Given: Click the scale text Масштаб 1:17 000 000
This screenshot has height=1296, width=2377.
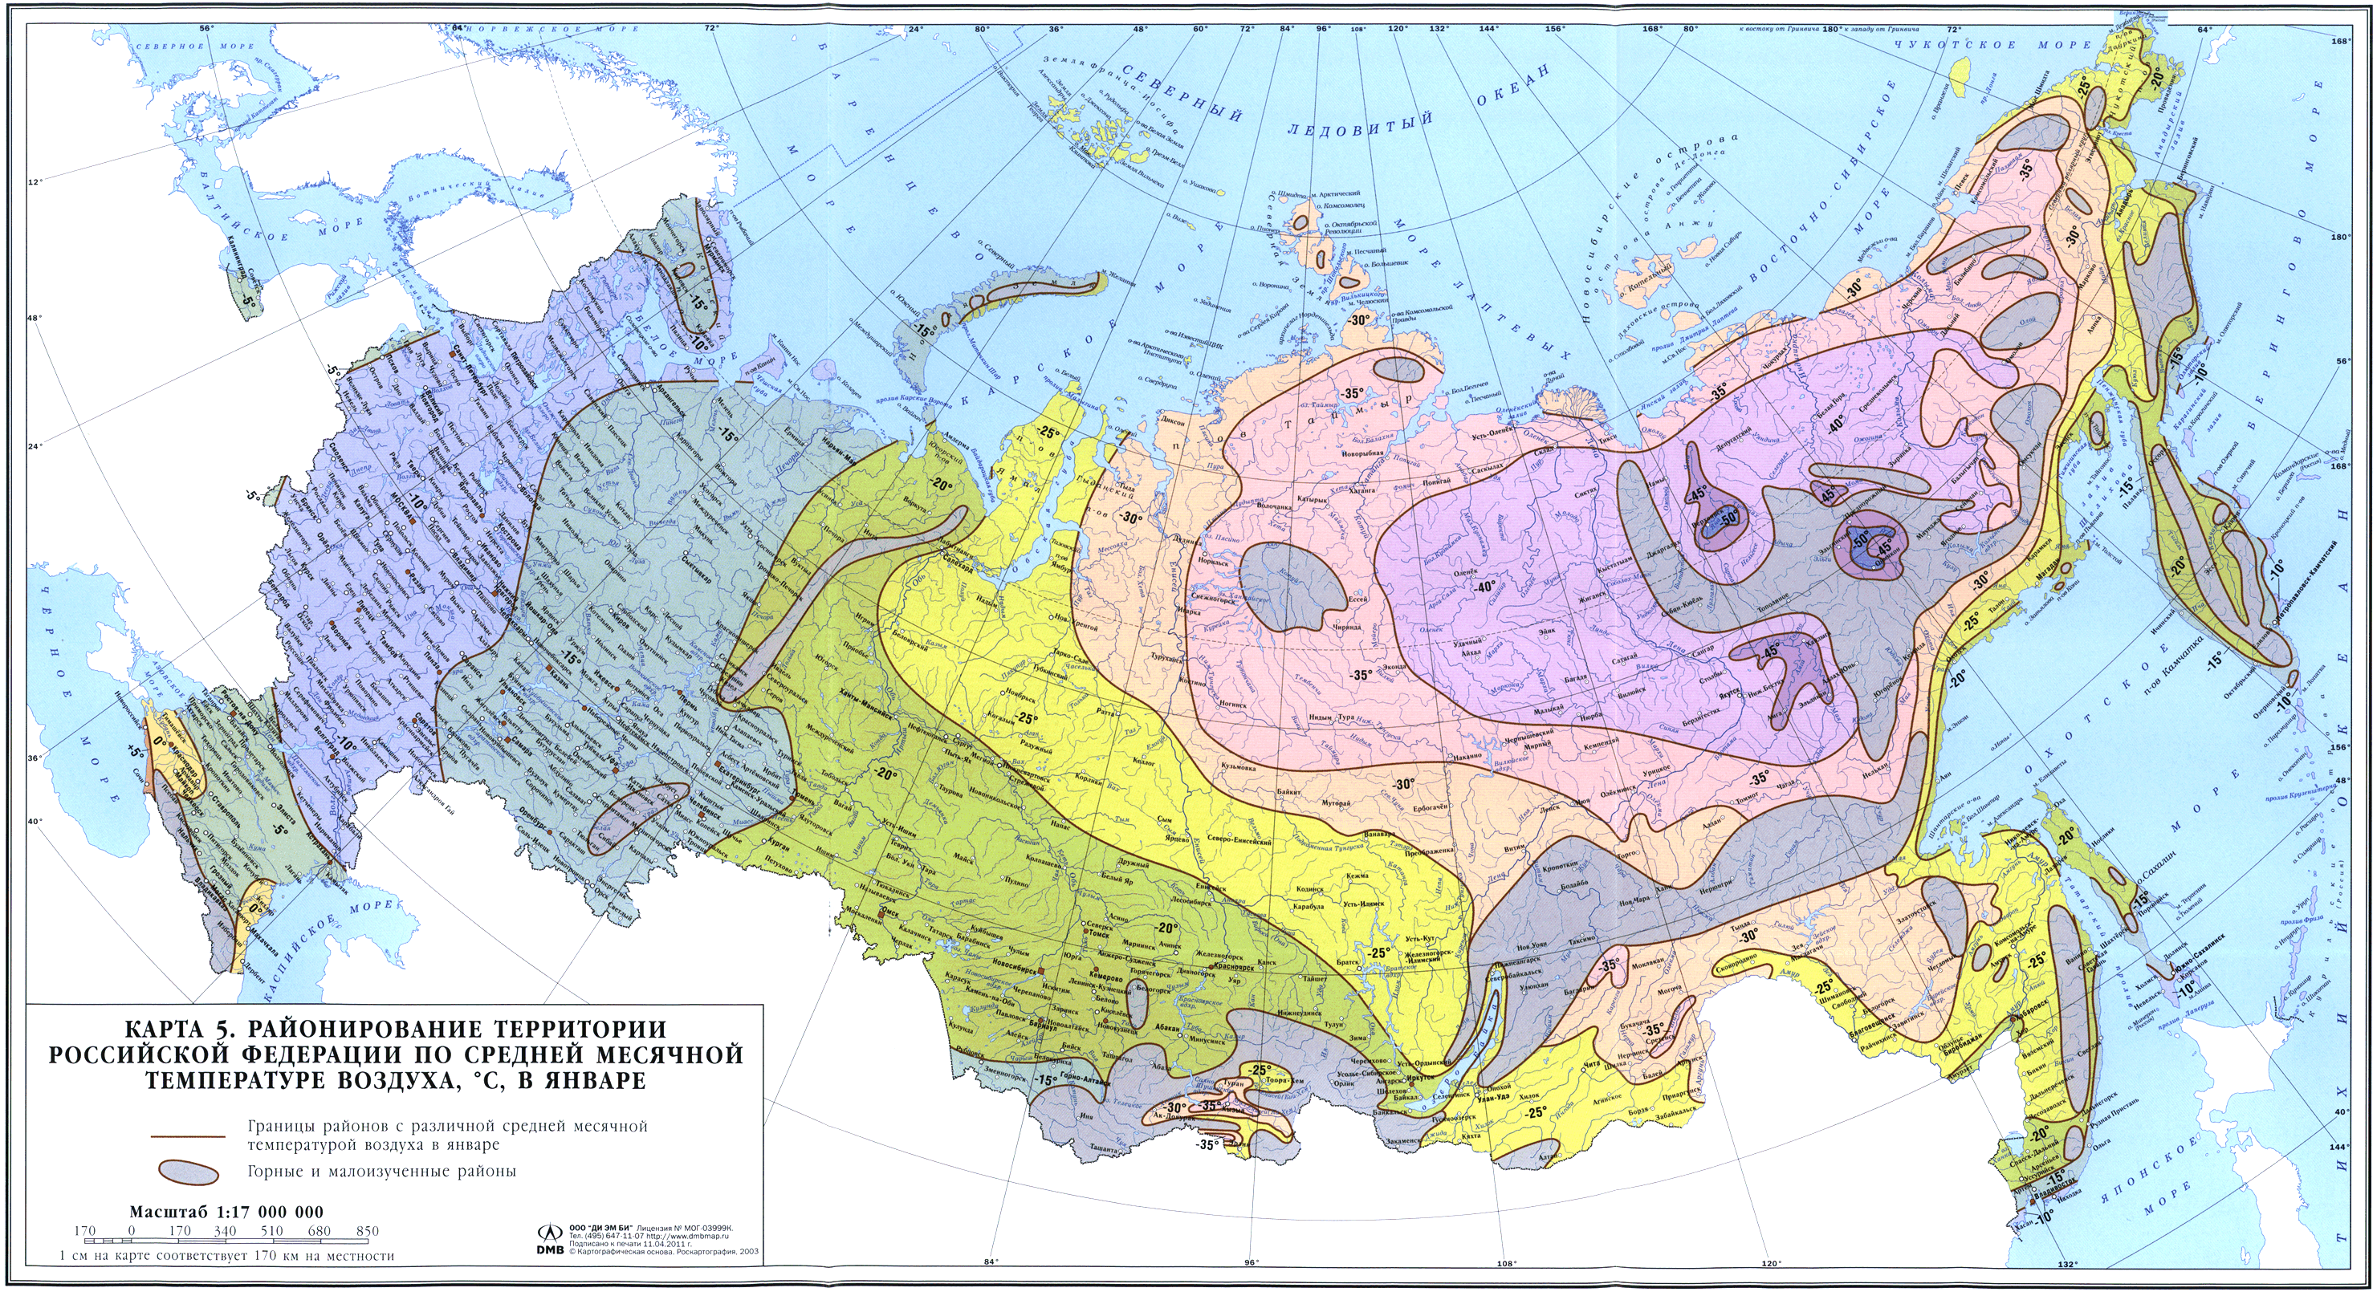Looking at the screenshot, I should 226,1211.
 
